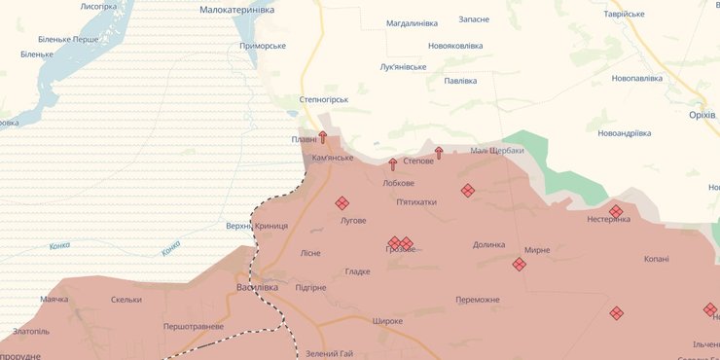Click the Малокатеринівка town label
pyautogui.click(x=236, y=9)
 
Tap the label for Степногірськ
pyautogui.click(x=323, y=99)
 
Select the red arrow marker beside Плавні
pyautogui.click(x=323, y=138)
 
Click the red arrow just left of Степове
pyautogui.click(x=393, y=163)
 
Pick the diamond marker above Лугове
pyautogui.click(x=342, y=203)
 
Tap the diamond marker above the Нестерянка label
pyautogui.click(x=616, y=211)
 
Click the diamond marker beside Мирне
pyautogui.click(x=520, y=264)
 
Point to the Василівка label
pyautogui.click(x=258, y=287)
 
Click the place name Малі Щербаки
pyautogui.click(x=496, y=150)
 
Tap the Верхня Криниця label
pyautogui.click(x=257, y=226)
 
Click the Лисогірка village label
pyautogui.click(x=98, y=6)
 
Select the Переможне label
pyautogui.click(x=477, y=300)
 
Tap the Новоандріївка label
pyautogui.click(x=624, y=133)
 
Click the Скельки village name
pyautogui.click(x=126, y=300)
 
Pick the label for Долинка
pyautogui.click(x=488, y=245)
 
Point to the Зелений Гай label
pyautogui.click(x=329, y=353)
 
